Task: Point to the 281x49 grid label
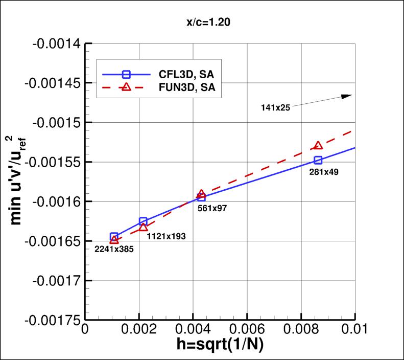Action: [x=324, y=172]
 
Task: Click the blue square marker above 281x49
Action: [x=318, y=160]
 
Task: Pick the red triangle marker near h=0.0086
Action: [x=318, y=146]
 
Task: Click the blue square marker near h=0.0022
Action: [x=144, y=221]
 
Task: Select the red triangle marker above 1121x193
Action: [x=144, y=227]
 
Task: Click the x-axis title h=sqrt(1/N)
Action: [x=220, y=346]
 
